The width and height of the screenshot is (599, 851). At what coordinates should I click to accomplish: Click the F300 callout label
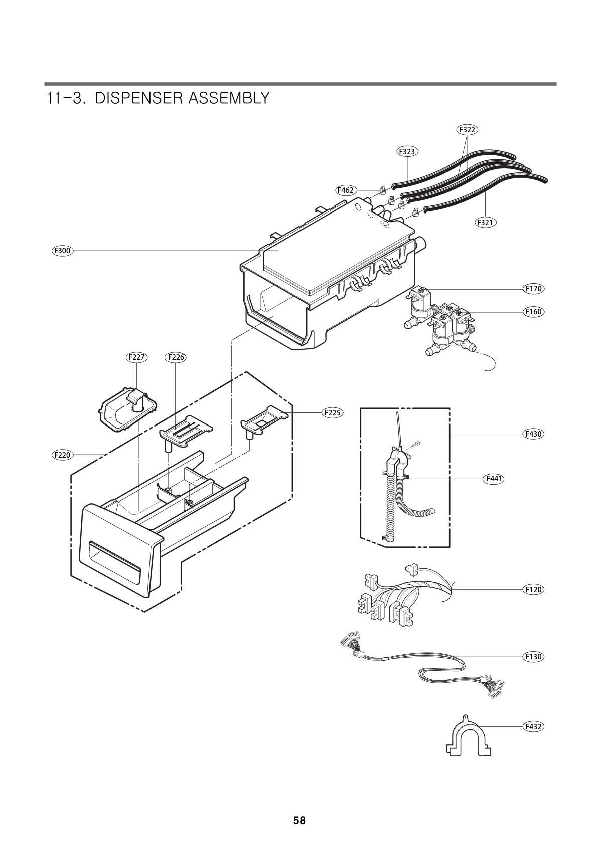click(63, 250)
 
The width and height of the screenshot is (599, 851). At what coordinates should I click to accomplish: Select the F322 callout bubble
click(467, 129)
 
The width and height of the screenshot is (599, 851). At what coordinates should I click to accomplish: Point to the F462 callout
click(346, 190)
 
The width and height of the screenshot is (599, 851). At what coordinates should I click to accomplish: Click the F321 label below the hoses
click(485, 222)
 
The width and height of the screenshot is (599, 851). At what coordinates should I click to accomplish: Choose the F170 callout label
click(533, 289)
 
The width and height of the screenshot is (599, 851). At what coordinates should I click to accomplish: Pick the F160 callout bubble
click(533, 312)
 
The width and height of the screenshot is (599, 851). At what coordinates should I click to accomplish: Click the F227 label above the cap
click(136, 357)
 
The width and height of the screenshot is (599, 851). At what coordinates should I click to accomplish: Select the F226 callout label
click(175, 357)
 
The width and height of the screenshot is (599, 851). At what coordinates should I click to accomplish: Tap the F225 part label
click(332, 413)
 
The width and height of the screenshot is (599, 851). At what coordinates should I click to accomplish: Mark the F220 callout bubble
click(63, 455)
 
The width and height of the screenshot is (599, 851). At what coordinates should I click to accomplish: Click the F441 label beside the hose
click(494, 479)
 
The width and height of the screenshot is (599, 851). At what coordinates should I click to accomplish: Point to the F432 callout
click(533, 726)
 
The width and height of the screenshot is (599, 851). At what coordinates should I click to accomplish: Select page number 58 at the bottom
click(299, 821)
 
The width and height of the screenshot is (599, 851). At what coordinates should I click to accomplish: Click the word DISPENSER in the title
click(138, 98)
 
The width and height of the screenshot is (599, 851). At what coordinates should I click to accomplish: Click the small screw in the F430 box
click(416, 444)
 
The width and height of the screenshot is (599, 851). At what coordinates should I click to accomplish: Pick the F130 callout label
click(533, 656)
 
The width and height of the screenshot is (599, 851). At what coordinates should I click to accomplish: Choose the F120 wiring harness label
click(533, 589)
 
